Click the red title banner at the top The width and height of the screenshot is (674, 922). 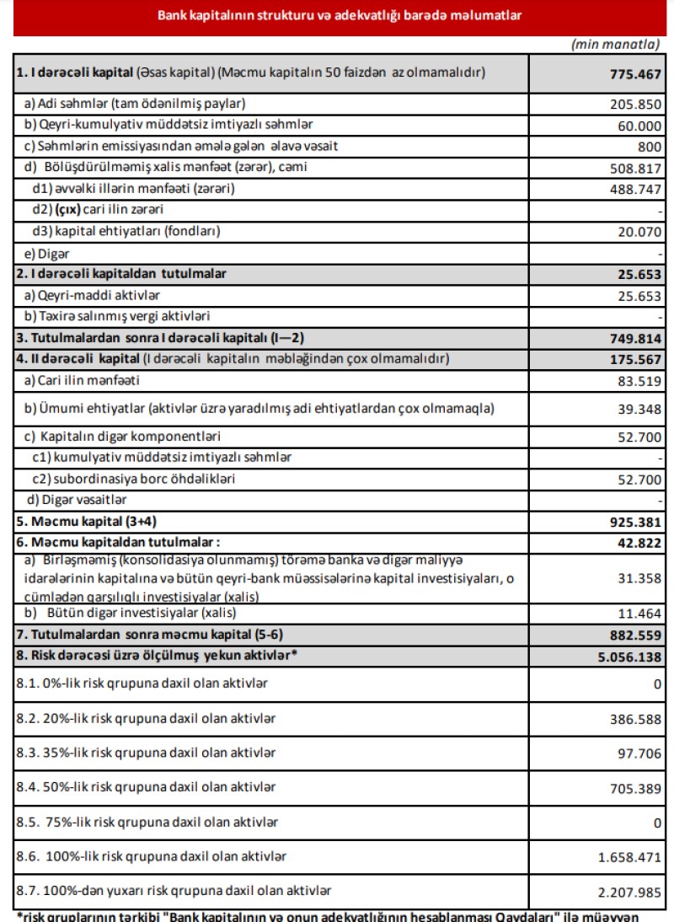(337, 15)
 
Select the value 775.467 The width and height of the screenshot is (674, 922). (635, 73)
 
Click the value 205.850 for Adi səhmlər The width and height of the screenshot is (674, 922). (635, 105)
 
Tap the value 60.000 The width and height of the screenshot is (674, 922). (639, 126)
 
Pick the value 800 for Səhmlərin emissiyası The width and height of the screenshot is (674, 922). (650, 147)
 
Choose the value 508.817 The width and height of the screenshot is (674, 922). (635, 168)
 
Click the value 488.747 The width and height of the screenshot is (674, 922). (635, 189)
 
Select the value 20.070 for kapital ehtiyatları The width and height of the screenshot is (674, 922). (639, 231)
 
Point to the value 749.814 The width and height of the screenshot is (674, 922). (635, 339)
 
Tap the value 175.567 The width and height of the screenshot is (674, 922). (635, 360)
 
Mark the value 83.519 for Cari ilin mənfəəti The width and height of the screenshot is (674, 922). (639, 381)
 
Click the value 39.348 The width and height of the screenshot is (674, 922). (639, 410)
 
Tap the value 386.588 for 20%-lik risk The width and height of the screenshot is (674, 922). (635, 719)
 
